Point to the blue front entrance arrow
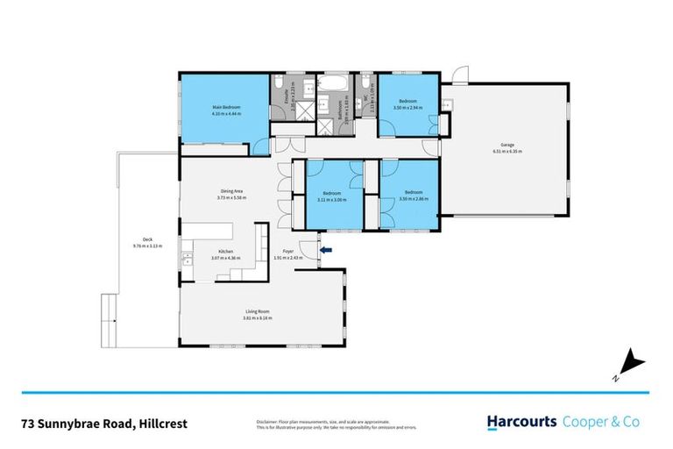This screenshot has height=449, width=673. (326, 252)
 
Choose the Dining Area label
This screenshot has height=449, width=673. (231, 191)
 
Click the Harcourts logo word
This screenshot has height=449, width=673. (521, 422)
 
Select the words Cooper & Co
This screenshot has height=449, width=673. (600, 422)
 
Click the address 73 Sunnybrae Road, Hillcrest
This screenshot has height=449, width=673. (103, 423)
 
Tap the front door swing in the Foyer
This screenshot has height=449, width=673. (304, 248)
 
